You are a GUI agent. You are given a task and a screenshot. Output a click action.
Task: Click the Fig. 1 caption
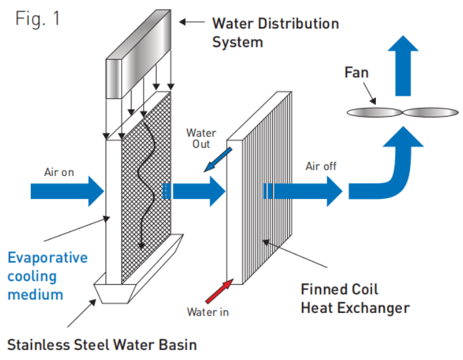click(x=38, y=18)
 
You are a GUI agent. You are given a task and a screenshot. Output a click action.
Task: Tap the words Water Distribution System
click(x=275, y=33)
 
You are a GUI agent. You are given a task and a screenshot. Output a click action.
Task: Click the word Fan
click(x=356, y=73)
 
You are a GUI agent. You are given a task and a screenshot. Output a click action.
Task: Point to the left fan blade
click(x=374, y=112)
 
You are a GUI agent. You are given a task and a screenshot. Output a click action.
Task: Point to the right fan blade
click(x=430, y=112)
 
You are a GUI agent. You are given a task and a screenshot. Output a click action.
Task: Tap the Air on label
click(x=59, y=172)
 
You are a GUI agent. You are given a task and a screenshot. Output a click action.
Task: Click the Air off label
click(x=322, y=166)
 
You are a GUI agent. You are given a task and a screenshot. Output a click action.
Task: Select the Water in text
click(x=207, y=312)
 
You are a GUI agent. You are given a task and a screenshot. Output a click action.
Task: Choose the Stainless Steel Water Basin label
click(x=102, y=343)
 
